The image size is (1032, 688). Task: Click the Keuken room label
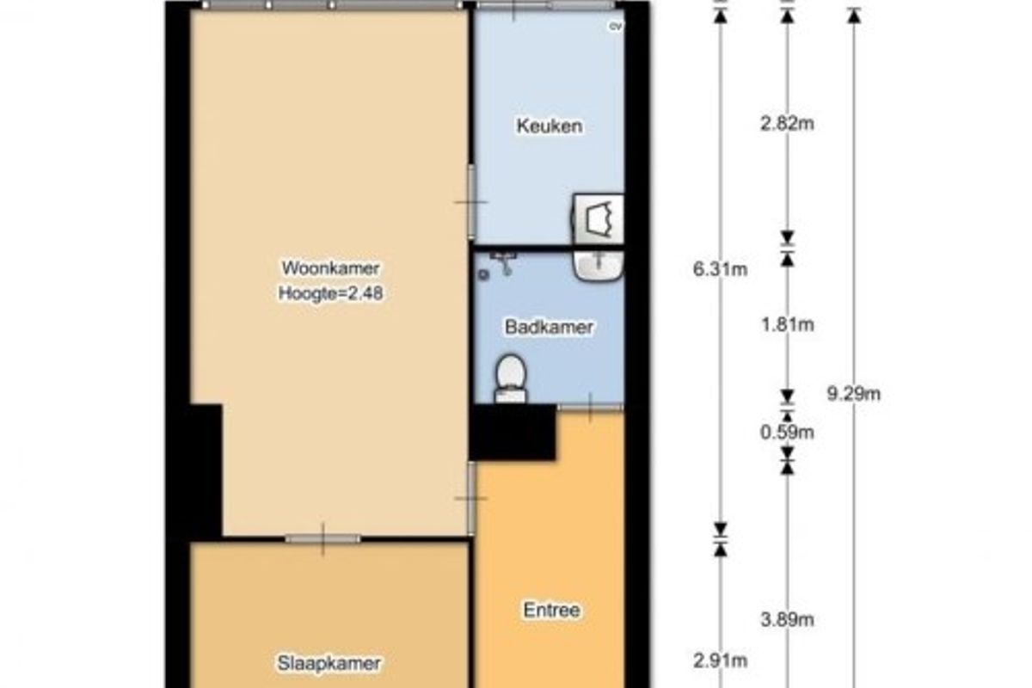tap(550, 126)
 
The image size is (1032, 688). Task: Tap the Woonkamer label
tap(330, 267)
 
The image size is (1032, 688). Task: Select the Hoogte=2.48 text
tap(330, 293)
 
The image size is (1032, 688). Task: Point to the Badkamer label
tap(549, 327)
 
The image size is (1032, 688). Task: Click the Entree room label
tap(551, 610)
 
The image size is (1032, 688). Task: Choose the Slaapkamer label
tap(329, 664)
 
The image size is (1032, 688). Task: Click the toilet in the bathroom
tap(511, 378)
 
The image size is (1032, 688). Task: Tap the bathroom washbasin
tap(598, 266)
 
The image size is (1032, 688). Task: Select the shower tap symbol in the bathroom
tap(503, 262)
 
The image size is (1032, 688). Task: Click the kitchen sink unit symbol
tap(598, 218)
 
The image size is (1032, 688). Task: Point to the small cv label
tap(616, 27)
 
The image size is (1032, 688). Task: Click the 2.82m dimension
tap(787, 124)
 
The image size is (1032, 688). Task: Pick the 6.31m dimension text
tap(720, 269)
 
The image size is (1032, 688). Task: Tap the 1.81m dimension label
tap(788, 325)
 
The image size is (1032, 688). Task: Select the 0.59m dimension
tap(787, 433)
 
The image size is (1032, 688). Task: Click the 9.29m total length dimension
tap(854, 394)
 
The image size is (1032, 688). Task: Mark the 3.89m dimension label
tap(787, 620)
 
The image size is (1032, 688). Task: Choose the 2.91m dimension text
tap(720, 660)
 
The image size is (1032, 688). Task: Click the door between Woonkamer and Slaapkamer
tap(323, 538)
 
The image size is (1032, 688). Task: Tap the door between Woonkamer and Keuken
tap(471, 202)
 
